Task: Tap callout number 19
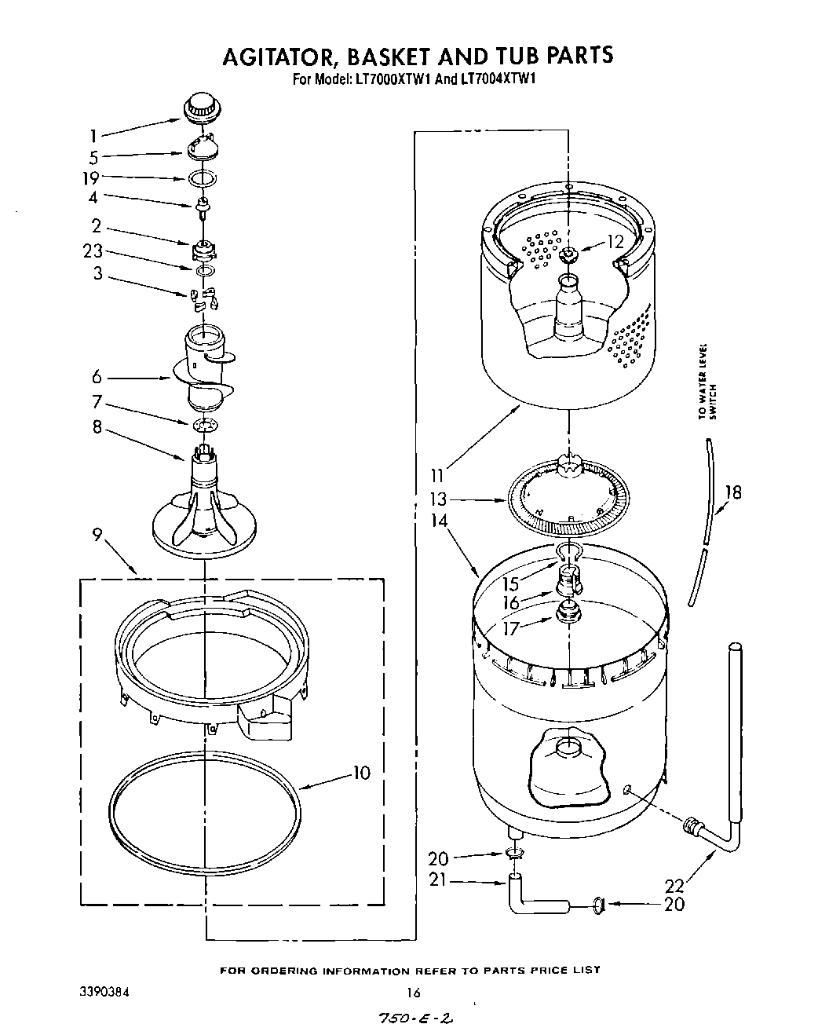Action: (92, 178)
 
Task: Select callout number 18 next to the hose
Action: (732, 493)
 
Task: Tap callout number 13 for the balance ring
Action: (438, 499)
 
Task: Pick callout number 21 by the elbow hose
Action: (437, 880)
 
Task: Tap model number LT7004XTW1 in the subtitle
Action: (497, 79)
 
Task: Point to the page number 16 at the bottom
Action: (414, 993)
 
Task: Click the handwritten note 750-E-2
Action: (417, 1019)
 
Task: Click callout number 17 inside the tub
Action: (511, 627)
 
